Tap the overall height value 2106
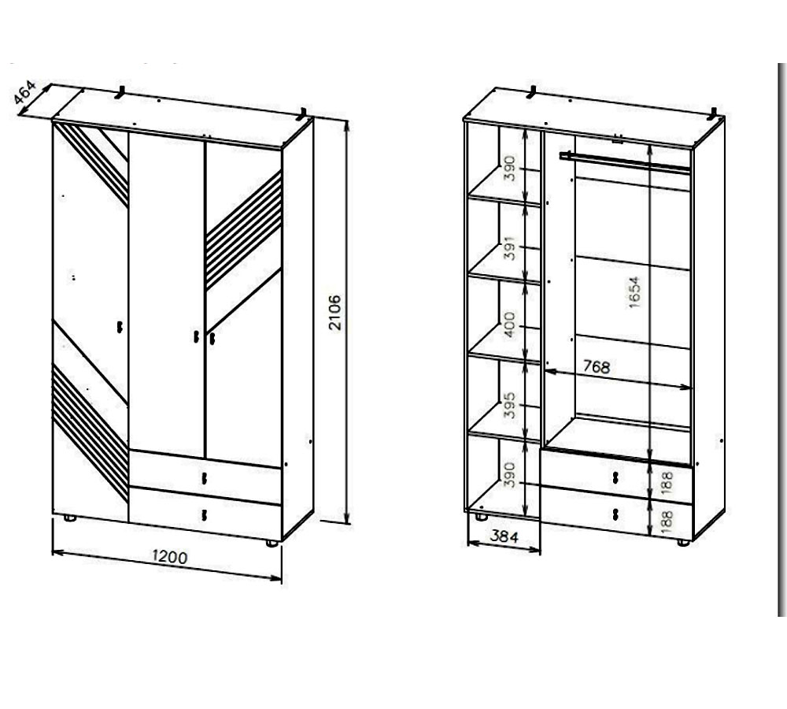coord(334,313)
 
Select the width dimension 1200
coord(170,557)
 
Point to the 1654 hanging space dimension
coord(634,292)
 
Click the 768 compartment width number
coord(597,367)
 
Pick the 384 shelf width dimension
coord(504,536)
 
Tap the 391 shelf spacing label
coord(510,247)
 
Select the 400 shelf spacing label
coord(509,325)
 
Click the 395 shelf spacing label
coord(509,405)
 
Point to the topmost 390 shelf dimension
coord(510,169)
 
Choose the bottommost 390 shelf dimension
coord(509,475)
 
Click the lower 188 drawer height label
coord(667,522)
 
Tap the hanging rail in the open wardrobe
coord(625,162)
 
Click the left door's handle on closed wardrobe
coord(120,327)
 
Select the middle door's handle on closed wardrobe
coord(196,336)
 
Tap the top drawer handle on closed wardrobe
coord(204,478)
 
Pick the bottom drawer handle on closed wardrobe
coord(204,515)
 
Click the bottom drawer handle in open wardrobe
coord(616,514)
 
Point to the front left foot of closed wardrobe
coord(70,518)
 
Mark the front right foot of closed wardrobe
coord(272,544)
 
